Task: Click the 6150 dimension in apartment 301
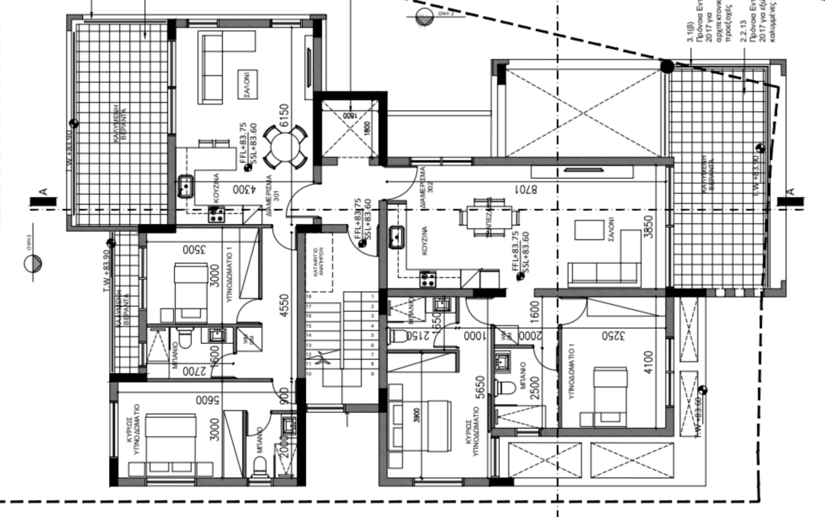click(283, 116)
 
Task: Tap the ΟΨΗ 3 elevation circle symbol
click(34, 264)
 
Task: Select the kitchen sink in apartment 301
click(186, 186)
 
